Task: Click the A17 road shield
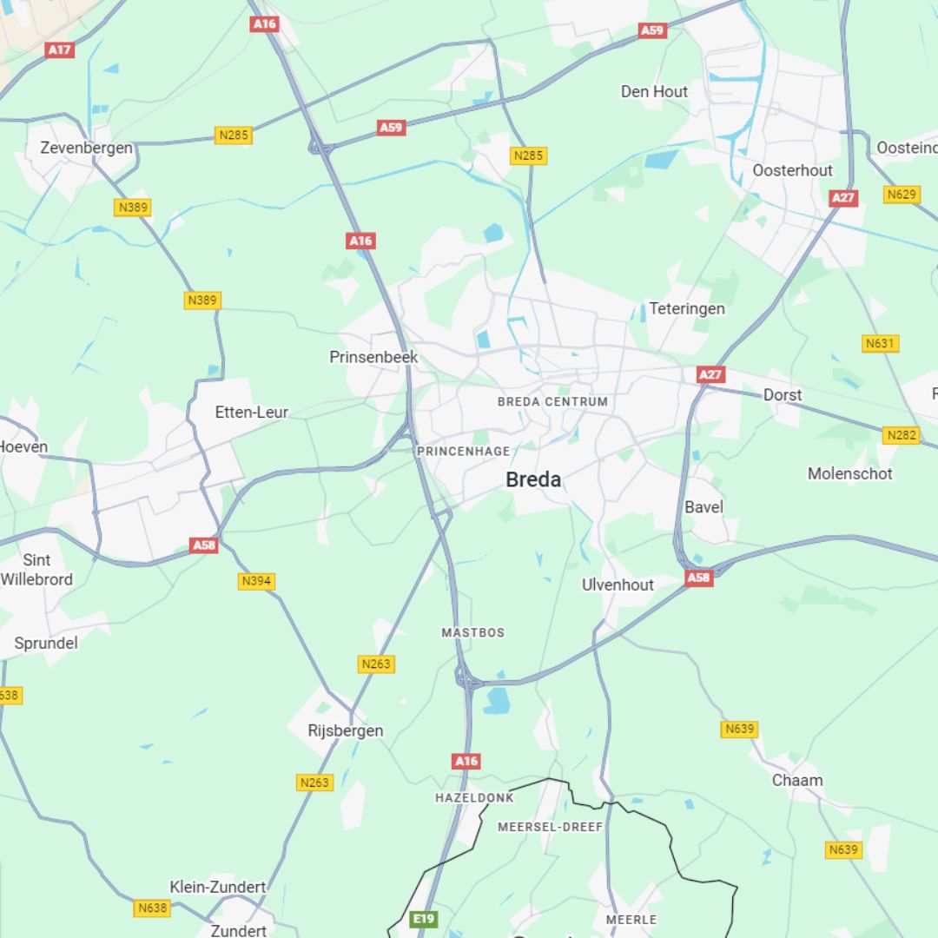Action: click(x=59, y=50)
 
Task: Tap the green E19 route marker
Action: click(x=423, y=918)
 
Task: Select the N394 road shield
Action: click(x=256, y=581)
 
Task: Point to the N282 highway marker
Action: click(x=901, y=435)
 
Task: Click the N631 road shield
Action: click(x=880, y=344)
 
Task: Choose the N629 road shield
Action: click(x=902, y=195)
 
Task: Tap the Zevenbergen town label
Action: click(x=87, y=148)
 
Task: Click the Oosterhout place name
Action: click(x=792, y=170)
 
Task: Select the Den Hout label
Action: click(x=654, y=91)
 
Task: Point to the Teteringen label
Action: click(x=687, y=308)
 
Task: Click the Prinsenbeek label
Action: click(x=373, y=357)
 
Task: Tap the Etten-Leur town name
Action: click(x=252, y=412)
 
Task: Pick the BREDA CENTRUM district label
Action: click(x=552, y=402)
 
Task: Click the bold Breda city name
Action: click(x=533, y=479)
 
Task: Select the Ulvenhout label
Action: click(x=618, y=585)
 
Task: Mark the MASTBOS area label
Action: click(x=472, y=632)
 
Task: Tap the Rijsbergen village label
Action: click(x=346, y=730)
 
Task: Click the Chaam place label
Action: click(x=797, y=780)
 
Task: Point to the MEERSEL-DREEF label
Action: click(x=550, y=827)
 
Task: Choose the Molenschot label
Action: click(x=849, y=473)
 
